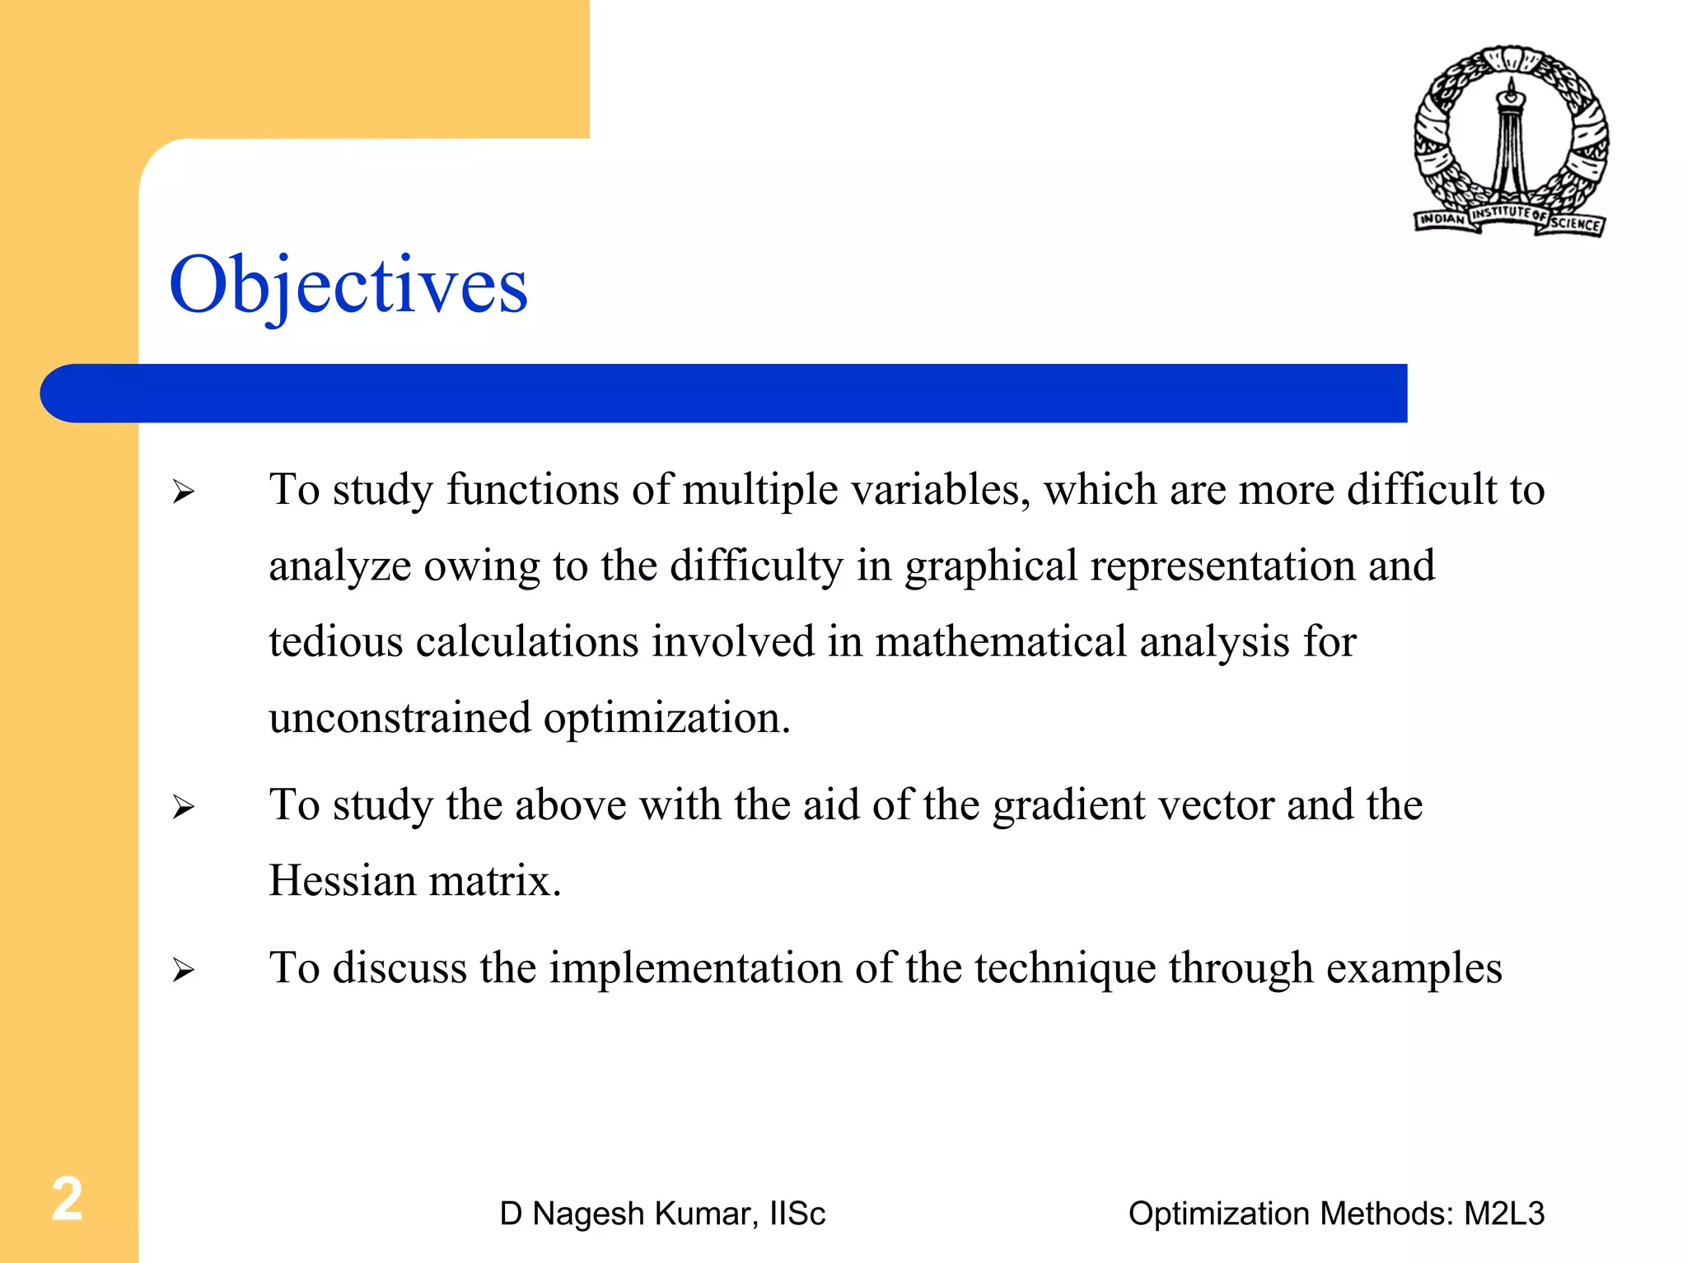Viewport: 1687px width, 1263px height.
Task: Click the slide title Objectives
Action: pos(348,285)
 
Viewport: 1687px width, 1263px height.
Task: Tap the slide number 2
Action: pos(68,1199)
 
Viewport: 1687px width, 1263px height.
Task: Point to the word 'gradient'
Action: pos(1068,805)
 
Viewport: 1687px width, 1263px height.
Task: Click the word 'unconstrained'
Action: pos(400,718)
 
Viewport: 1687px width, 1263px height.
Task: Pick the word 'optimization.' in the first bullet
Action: pos(666,718)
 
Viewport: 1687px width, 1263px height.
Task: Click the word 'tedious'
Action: pos(335,642)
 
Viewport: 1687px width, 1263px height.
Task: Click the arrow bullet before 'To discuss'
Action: pos(183,971)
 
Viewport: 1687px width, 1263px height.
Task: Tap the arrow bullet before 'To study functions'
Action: pos(183,492)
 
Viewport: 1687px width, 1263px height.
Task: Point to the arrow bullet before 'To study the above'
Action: pos(183,808)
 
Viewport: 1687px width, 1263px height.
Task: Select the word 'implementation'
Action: pos(695,968)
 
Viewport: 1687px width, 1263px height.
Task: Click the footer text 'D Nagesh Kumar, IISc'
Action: pos(662,1214)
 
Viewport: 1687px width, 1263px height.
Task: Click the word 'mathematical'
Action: pos(1000,642)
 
